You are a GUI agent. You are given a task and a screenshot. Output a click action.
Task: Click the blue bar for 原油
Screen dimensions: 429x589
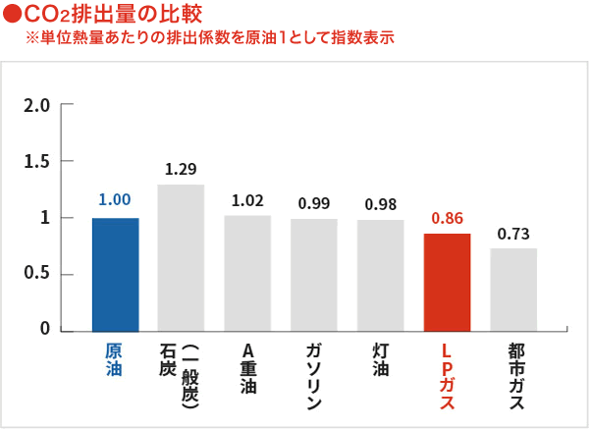[115, 274]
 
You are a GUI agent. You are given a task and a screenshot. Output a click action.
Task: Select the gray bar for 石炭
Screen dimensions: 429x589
[181, 257]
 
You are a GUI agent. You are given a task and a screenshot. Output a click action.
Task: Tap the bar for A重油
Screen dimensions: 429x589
[247, 273]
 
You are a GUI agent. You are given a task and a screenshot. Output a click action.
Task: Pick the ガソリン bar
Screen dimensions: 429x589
[313, 275]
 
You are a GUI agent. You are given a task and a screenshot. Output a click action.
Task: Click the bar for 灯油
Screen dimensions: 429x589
[380, 275]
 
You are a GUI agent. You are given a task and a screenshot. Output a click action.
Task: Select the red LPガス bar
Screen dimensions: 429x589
[447, 282]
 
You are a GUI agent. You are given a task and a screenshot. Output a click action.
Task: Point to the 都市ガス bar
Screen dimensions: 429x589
[513, 289]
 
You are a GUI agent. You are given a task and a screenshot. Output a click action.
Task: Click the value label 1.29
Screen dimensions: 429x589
[181, 169]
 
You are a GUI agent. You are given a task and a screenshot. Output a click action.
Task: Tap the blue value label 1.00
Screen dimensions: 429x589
[115, 200]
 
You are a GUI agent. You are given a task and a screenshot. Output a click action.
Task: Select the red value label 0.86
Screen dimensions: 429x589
[447, 217]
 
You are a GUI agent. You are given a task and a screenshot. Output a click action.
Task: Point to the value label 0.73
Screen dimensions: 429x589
[513, 233]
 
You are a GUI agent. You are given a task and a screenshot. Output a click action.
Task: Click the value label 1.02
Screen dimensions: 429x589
[247, 200]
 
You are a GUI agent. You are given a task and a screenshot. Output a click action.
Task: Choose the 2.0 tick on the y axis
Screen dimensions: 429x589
[37, 105]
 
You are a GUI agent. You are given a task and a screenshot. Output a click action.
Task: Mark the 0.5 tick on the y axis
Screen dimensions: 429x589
[37, 273]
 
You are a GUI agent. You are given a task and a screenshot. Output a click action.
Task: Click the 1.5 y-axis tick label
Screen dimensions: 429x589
[37, 161]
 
